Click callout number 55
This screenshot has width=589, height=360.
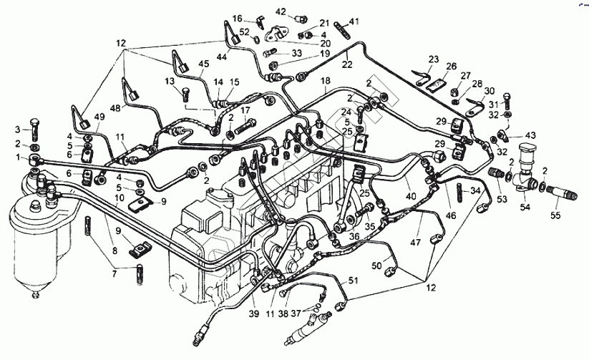tap(555, 215)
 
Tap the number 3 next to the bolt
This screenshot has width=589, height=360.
tap(18, 130)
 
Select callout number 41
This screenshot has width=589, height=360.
tap(354, 21)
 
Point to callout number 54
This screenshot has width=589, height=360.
tap(525, 207)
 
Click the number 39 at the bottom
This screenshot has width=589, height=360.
tap(254, 313)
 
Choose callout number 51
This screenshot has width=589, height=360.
tap(353, 281)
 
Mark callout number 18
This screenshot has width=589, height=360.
tap(326, 80)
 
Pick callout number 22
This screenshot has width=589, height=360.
tap(348, 64)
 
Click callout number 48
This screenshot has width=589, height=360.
tap(116, 108)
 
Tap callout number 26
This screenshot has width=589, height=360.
tap(451, 66)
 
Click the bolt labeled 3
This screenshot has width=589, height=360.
tap(34, 129)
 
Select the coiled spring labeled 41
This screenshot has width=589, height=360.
tap(342, 30)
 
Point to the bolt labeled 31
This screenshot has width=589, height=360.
tap(505, 100)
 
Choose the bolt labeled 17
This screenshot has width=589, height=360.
tap(245, 127)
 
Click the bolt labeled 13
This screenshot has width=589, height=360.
tap(185, 94)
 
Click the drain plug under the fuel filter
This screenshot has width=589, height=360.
tap(36, 296)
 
